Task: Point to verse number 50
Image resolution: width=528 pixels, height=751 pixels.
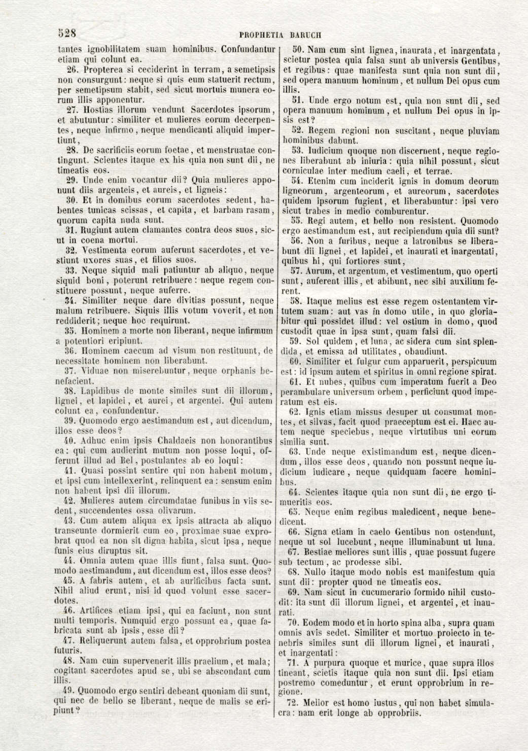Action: tap(298, 50)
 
